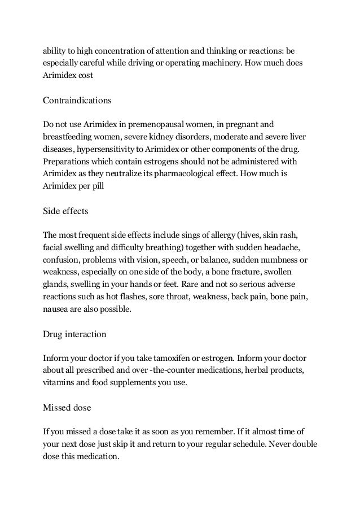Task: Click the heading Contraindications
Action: tap(77, 101)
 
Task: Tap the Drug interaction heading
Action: tap(74, 334)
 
